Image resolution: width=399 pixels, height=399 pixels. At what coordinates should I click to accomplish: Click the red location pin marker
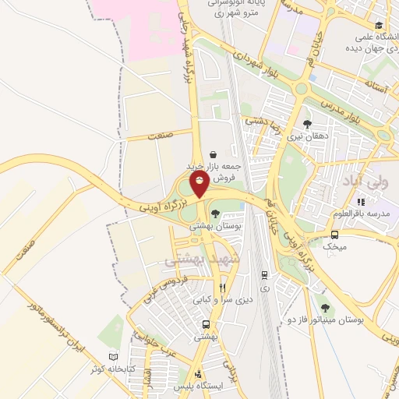tap(200, 185)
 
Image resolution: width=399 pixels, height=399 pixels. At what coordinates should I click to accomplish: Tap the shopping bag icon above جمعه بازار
tap(214, 154)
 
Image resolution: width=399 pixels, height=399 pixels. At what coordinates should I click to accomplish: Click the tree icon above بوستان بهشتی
tap(215, 213)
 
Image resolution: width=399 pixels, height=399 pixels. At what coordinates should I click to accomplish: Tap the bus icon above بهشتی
tap(206, 323)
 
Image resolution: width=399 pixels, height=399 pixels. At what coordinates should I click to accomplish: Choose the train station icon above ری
tap(265, 275)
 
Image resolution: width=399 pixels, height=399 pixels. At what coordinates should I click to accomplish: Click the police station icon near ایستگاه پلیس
tap(199, 373)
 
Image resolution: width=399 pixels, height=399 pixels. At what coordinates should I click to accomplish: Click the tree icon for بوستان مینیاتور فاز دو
tap(324, 309)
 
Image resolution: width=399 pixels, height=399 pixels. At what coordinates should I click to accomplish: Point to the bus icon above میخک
tap(334, 235)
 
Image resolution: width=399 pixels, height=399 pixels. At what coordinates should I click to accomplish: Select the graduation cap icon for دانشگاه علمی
tap(379, 23)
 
